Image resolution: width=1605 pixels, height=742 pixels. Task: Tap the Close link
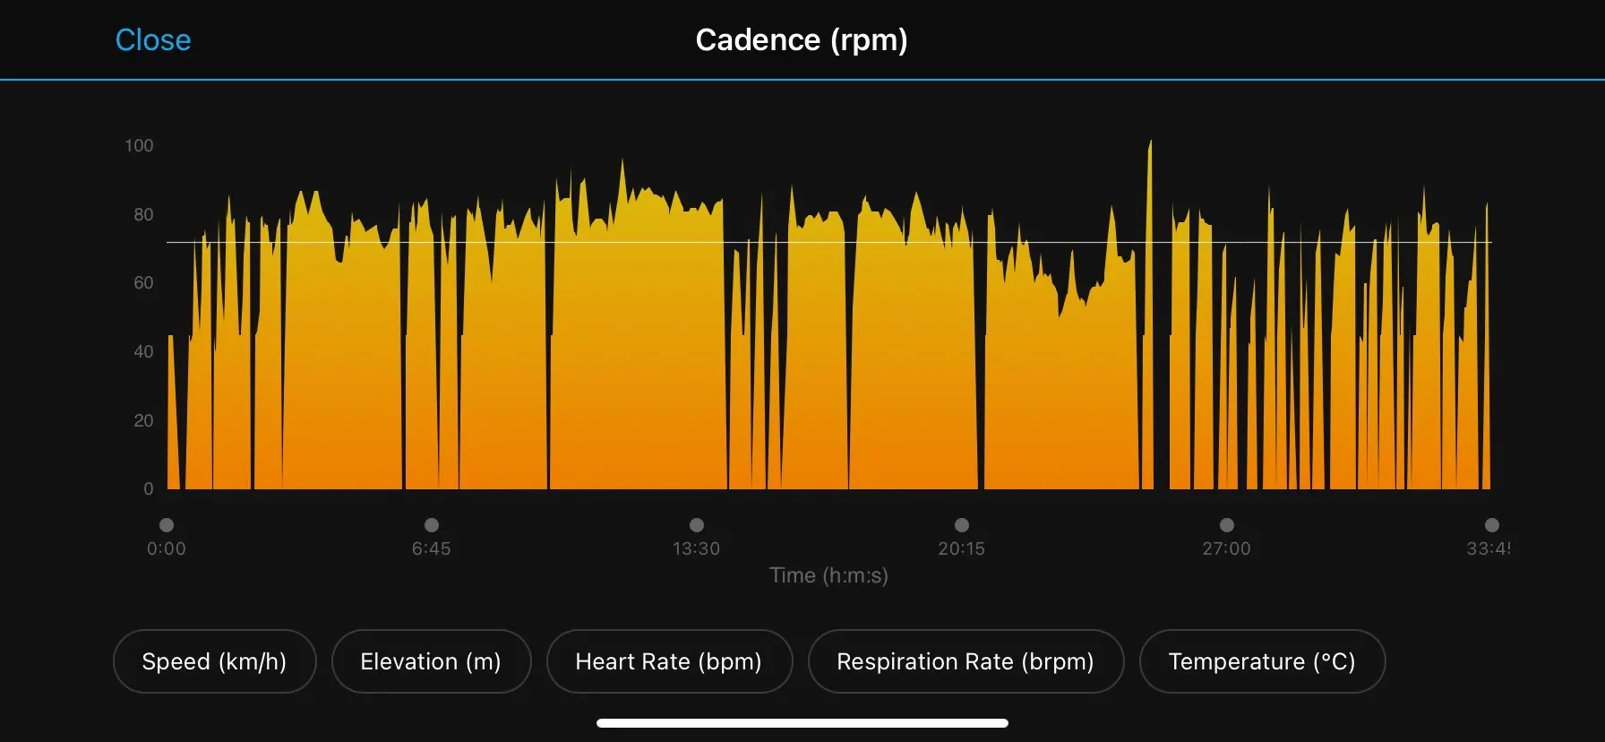tap(153, 40)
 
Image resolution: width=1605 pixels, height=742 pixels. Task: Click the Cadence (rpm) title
tap(802, 40)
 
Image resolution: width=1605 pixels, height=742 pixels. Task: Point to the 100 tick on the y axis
tap(139, 145)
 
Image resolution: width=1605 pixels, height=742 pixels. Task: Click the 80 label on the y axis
tap(143, 214)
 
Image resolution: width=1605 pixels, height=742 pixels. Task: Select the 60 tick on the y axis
tap(143, 283)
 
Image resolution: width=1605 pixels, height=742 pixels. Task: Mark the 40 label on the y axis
tap(143, 351)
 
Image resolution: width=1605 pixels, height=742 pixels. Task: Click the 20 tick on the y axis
tap(143, 420)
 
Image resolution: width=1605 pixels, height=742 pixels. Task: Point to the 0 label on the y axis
tap(148, 488)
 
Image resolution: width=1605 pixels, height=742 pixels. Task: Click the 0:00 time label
tap(167, 548)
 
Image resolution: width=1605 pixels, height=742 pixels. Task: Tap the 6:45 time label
tap(432, 548)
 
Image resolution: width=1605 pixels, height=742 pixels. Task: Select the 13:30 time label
tap(697, 548)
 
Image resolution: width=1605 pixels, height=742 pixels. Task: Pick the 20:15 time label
tap(962, 548)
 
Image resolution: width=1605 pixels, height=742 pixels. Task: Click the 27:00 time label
tap(1227, 548)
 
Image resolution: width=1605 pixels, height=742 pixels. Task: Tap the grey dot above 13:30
tap(697, 525)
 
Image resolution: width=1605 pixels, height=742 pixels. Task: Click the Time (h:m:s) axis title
tap(828, 575)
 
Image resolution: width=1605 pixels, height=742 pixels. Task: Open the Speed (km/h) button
tap(214, 661)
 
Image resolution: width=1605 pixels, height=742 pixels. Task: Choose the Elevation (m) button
tap(431, 661)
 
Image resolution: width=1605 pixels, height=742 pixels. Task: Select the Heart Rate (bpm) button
tap(669, 661)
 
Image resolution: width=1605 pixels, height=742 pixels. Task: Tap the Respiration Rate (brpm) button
tap(966, 661)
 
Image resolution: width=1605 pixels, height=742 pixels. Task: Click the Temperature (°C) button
tap(1262, 661)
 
